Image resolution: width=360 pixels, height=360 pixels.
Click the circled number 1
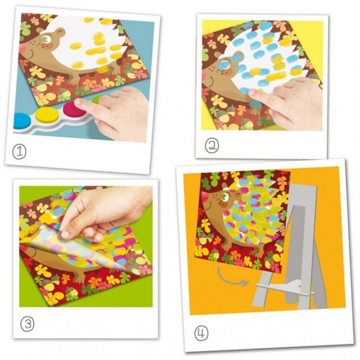pos(19,152)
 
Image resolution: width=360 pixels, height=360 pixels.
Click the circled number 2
pos(212,146)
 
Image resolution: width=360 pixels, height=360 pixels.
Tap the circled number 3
pos(27,324)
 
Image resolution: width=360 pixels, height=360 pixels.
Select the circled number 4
pos(202,333)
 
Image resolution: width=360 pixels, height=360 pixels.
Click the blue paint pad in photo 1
pos(22,121)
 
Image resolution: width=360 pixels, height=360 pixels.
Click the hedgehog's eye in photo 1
pos(47,38)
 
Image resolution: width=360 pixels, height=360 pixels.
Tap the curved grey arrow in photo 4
pos(232,277)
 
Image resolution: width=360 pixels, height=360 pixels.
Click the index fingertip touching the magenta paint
pos(80,104)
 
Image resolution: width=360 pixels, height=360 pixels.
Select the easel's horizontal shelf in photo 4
pos(285,288)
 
